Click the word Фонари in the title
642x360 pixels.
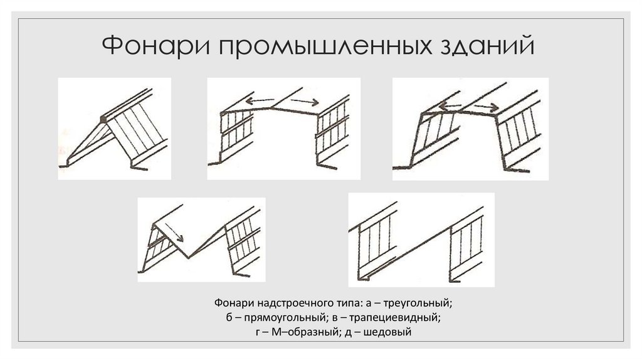[156, 45]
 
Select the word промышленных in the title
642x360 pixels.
[325, 46]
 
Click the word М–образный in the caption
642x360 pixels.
[305, 331]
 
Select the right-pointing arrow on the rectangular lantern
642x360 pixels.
[305, 101]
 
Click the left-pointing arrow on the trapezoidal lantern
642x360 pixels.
[450, 107]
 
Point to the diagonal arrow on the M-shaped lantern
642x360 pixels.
[175, 233]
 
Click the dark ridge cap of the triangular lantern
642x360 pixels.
[103, 119]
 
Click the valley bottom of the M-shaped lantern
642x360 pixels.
[188, 257]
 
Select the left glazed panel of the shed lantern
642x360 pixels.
[374, 241]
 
